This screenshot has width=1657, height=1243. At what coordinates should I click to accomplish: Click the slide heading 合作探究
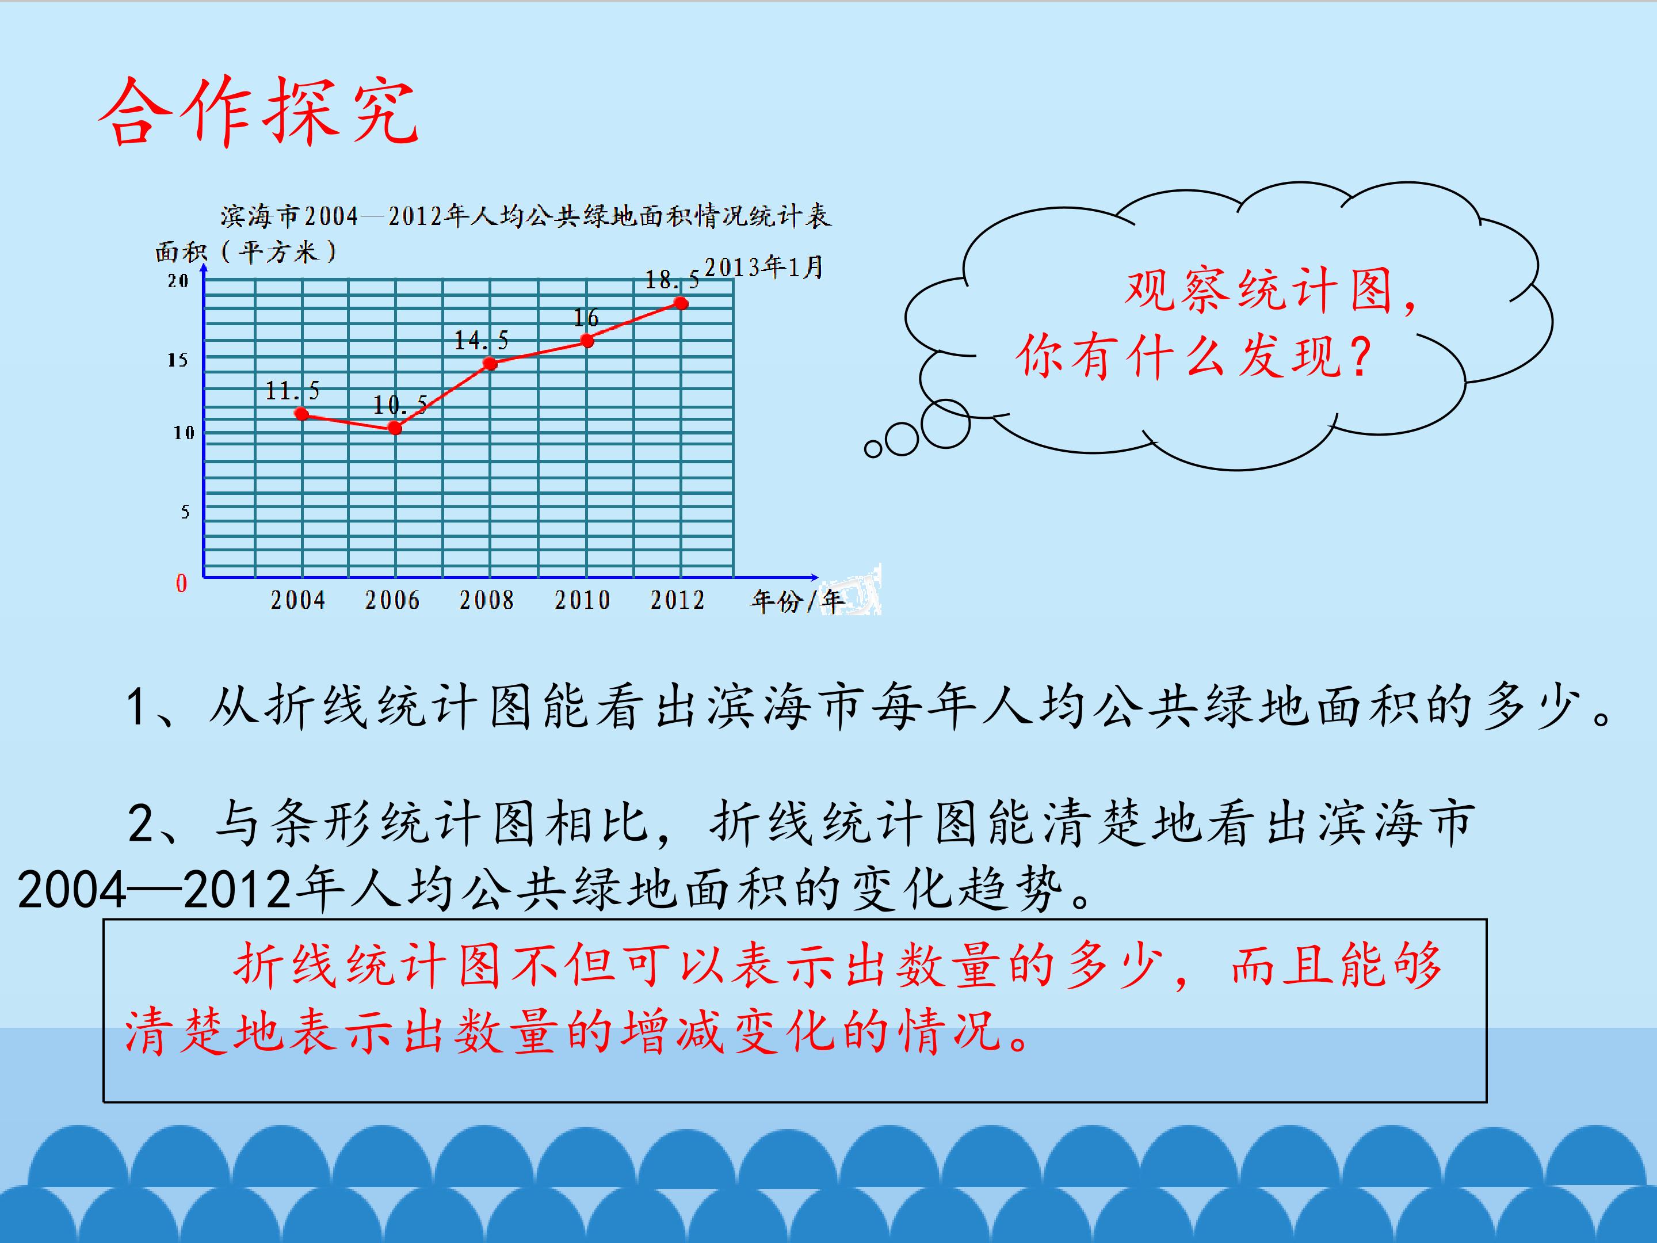pyautogui.click(x=258, y=112)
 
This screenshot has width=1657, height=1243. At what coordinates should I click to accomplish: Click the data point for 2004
pyautogui.click(x=302, y=414)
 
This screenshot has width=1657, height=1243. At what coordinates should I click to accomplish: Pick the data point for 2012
pyautogui.click(x=681, y=303)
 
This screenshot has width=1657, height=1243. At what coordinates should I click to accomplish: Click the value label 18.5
pyautogui.click(x=672, y=280)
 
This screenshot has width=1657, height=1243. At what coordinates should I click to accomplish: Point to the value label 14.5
pyautogui.click(x=481, y=341)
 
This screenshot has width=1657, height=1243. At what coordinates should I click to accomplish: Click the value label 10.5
pyautogui.click(x=400, y=405)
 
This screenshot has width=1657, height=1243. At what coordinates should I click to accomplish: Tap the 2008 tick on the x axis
pyautogui.click(x=487, y=600)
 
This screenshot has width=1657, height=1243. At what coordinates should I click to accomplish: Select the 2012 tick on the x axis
pyautogui.click(x=677, y=600)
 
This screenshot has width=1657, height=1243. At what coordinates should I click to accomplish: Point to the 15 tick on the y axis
pyautogui.click(x=178, y=360)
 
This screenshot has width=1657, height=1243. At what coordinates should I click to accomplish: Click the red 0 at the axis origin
pyautogui.click(x=181, y=583)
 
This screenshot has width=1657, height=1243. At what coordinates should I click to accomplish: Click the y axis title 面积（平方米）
pyautogui.click(x=246, y=251)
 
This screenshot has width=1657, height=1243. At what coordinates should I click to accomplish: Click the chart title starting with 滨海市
pyautogui.click(x=525, y=216)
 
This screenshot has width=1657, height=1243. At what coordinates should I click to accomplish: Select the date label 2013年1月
pyautogui.click(x=763, y=267)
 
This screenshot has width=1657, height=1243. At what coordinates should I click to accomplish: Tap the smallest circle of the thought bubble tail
pyautogui.click(x=873, y=449)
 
